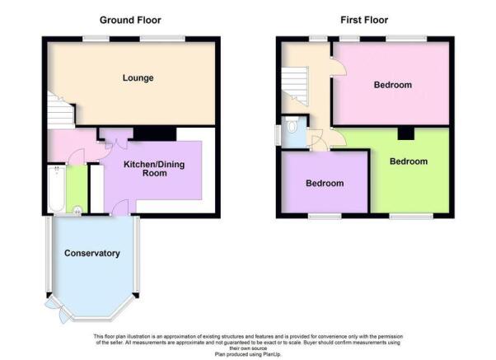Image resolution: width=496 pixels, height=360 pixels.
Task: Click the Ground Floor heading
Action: [x=130, y=21]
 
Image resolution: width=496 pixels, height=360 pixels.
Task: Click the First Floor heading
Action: [x=364, y=21]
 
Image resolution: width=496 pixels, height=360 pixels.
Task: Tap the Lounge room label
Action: [x=138, y=77]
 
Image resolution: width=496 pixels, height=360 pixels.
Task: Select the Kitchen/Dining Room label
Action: [x=154, y=169]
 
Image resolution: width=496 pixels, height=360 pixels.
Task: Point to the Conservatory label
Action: [x=92, y=253]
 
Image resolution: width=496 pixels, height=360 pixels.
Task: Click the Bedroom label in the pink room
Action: [x=393, y=85]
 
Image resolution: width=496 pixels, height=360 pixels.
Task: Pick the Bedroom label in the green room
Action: [x=409, y=161]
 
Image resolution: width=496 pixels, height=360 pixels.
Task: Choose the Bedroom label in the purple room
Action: [x=325, y=183]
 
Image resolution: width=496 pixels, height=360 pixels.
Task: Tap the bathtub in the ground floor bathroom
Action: [x=57, y=189]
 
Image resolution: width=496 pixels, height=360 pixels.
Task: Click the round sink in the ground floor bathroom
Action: [x=77, y=209]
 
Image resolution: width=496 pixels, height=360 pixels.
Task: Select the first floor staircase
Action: [x=295, y=86]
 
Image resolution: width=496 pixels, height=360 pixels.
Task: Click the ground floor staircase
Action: [x=61, y=110]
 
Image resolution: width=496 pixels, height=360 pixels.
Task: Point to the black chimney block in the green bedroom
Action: [x=406, y=133]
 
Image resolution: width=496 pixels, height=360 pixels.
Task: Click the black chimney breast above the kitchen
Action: [x=155, y=133]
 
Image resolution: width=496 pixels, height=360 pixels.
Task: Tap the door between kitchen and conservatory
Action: [x=121, y=208]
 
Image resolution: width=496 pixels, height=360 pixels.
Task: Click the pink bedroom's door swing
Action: [x=339, y=67]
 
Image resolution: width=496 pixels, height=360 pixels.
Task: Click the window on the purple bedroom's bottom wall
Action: [x=325, y=217]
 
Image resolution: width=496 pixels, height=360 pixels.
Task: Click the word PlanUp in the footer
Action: [x=271, y=354]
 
